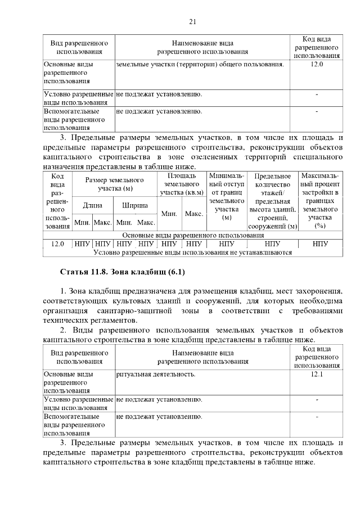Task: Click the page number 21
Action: (x=192, y=22)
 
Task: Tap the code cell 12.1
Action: (x=317, y=374)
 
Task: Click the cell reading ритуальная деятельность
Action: (x=156, y=374)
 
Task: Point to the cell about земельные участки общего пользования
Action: (x=199, y=65)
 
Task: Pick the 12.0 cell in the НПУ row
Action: (x=57, y=244)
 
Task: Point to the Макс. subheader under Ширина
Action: (x=146, y=222)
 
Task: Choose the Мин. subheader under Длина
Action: (x=82, y=222)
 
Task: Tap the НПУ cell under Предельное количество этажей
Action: (x=272, y=244)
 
